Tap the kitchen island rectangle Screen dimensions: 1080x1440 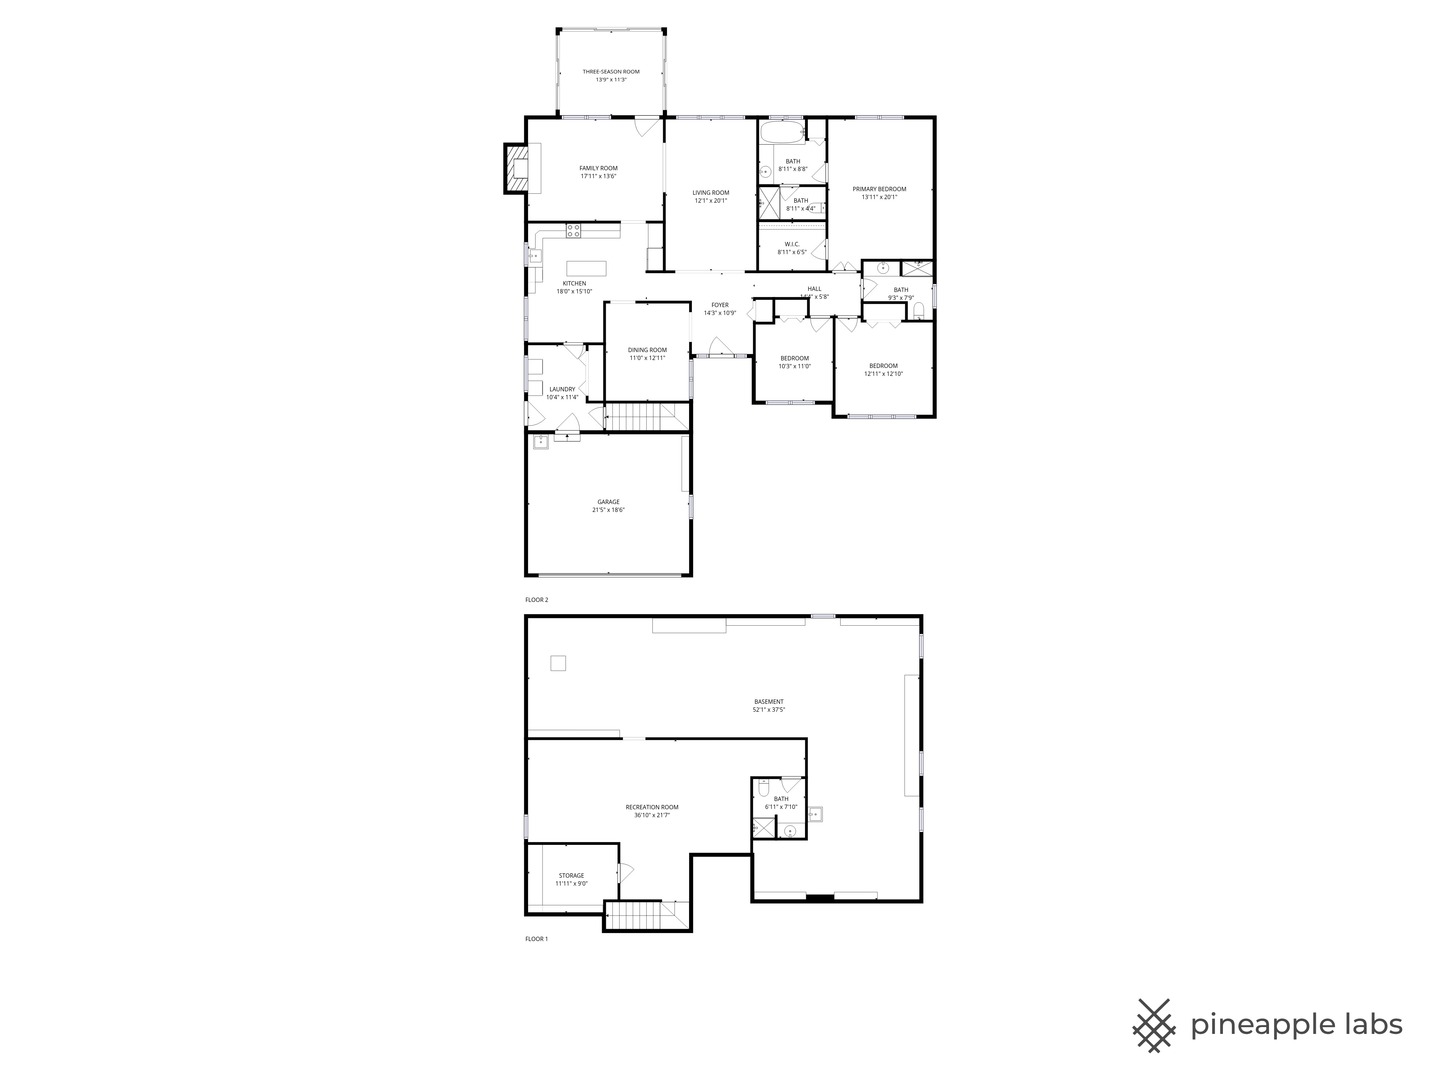tap(587, 267)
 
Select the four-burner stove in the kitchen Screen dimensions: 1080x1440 tap(574, 231)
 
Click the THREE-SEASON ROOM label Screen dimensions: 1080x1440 tap(611, 72)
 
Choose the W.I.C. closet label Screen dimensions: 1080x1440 tap(792, 244)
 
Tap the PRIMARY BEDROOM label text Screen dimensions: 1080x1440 tap(879, 189)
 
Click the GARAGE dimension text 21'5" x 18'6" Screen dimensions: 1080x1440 tap(608, 510)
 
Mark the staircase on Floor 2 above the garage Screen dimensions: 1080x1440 tap(638, 417)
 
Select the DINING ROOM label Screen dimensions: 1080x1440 tap(647, 350)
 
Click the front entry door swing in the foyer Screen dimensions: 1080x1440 tap(719, 347)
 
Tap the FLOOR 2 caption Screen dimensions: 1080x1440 tap(537, 600)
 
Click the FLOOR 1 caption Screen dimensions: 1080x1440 tap(537, 939)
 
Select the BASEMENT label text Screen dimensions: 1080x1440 tap(769, 702)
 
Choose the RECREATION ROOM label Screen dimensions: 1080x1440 tap(652, 807)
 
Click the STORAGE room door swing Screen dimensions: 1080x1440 tap(626, 872)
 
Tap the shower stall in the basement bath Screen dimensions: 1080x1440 tap(764, 827)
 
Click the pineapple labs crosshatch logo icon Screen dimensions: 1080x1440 tap(1154, 1025)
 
